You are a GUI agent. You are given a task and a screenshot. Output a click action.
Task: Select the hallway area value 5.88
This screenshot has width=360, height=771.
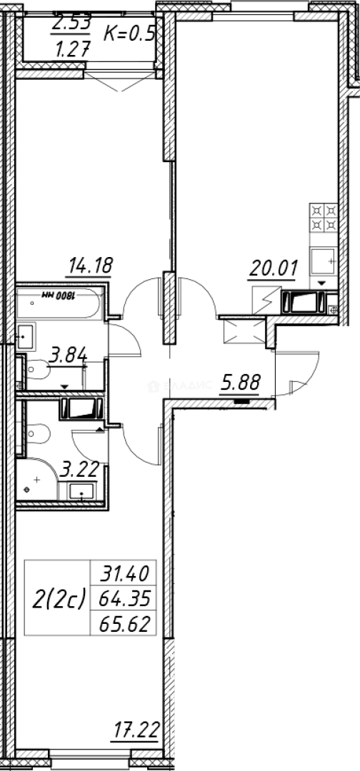239,383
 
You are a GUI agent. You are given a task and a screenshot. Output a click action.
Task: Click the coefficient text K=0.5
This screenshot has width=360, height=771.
129,34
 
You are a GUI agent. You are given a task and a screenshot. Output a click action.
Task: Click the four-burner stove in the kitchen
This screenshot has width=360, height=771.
324,218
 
